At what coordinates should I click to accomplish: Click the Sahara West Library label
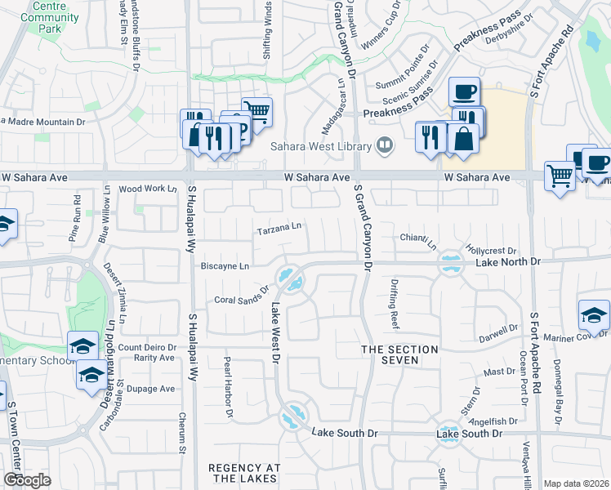click(321, 147)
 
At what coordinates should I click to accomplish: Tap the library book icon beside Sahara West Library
click(384, 147)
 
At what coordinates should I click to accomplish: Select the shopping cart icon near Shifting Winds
click(256, 110)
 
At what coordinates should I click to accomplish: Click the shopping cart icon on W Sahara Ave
click(560, 174)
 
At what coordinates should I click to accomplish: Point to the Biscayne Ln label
click(224, 266)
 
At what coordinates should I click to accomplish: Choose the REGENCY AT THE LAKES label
click(244, 474)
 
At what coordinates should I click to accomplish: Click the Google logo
click(27, 480)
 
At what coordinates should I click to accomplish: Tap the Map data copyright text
click(577, 483)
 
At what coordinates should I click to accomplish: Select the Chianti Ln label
click(418, 239)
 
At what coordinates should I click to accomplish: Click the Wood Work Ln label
click(148, 189)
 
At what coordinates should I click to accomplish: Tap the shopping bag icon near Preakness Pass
click(463, 137)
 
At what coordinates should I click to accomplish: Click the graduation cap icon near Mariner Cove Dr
click(594, 314)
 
